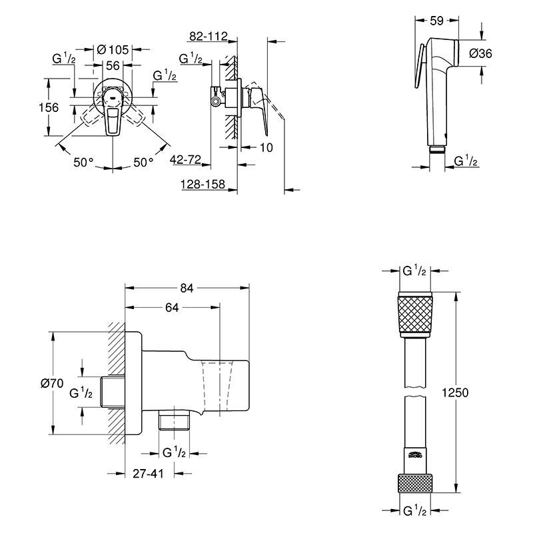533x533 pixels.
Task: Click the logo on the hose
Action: [414, 456]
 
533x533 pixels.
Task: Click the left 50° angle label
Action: [85, 162]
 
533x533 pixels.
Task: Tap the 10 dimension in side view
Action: [265, 147]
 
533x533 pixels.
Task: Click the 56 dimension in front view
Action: [113, 65]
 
